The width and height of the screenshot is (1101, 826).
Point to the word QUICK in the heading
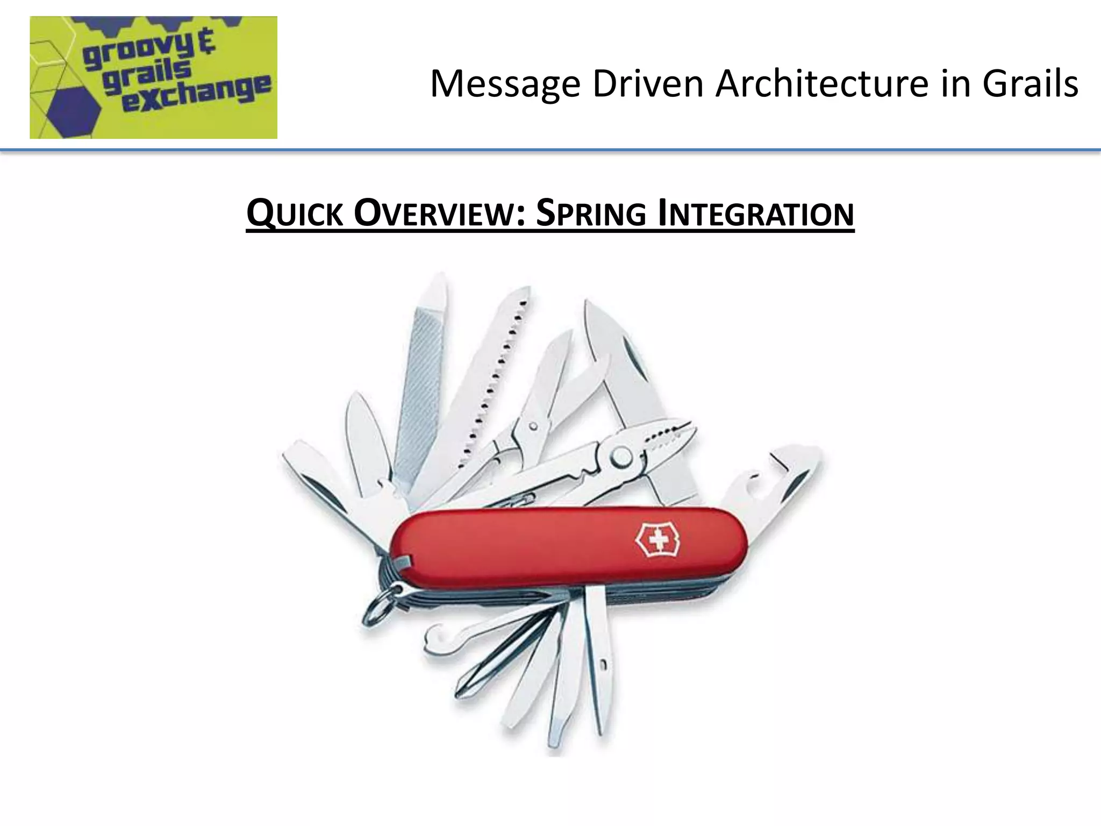coord(294,213)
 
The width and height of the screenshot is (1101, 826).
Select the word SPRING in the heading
coord(591,213)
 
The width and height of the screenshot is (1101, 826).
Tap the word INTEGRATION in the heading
coord(756,213)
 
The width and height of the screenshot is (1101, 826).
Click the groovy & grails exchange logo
coord(153,77)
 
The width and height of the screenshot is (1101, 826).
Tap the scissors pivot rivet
coord(533,426)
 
